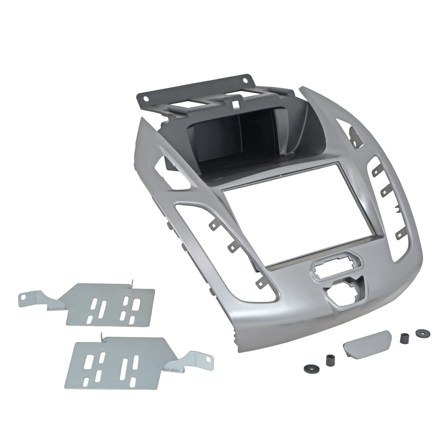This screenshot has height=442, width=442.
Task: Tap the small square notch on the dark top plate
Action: [x=234, y=104]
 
